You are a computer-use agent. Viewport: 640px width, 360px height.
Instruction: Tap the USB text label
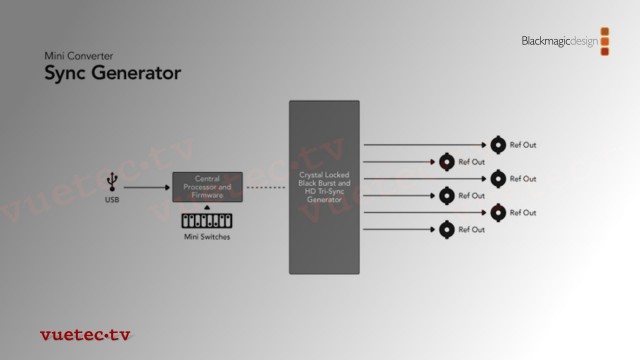coord(113,201)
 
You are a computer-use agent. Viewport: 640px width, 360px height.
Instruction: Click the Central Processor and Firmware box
coord(207,187)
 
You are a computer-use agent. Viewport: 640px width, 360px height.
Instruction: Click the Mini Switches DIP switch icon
coord(206,221)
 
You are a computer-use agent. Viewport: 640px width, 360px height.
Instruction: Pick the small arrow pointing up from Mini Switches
coord(207,207)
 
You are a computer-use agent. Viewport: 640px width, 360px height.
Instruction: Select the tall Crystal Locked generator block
coord(324,187)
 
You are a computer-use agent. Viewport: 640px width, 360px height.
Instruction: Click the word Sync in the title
coord(66,74)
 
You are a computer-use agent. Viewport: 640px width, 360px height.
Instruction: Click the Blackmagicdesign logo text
coord(559,41)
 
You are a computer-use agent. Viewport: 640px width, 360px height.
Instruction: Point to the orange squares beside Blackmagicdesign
coord(605,41)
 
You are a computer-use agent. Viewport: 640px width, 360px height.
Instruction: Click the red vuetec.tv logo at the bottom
coord(85,335)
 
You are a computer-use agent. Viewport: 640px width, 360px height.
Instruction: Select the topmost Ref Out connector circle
coord(497,145)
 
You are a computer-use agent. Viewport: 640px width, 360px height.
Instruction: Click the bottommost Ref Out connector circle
coord(446,229)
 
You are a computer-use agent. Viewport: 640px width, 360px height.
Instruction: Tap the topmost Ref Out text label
coord(523,145)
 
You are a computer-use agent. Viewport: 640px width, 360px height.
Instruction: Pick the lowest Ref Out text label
coord(471,229)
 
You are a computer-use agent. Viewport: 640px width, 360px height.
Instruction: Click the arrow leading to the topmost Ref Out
coord(425,145)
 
